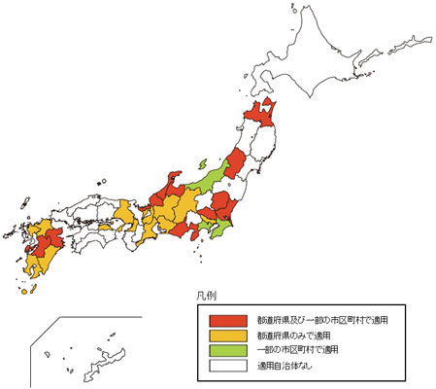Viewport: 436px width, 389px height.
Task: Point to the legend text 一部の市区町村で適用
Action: [x=297, y=350]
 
